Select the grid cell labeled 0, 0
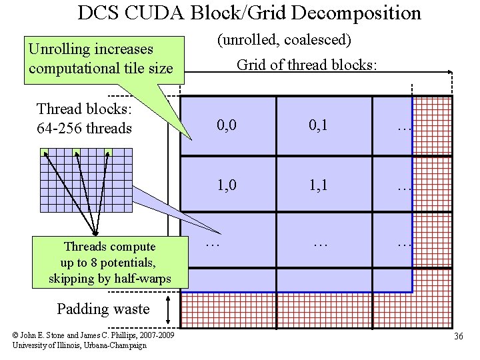pos(227,126)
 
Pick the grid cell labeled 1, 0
pos(227,185)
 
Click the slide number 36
pos(458,337)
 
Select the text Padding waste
pos(103,309)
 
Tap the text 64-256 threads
pos(85,128)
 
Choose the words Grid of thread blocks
pos(307,65)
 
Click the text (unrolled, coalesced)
pos(284,40)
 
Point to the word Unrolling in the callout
pos(59,49)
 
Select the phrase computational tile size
pos(101,68)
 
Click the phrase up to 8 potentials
pos(109,263)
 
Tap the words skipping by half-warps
pos(109,278)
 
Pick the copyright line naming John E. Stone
pos(93,335)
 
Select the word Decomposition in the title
pos(354,13)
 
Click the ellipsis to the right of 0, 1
pos(404,126)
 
